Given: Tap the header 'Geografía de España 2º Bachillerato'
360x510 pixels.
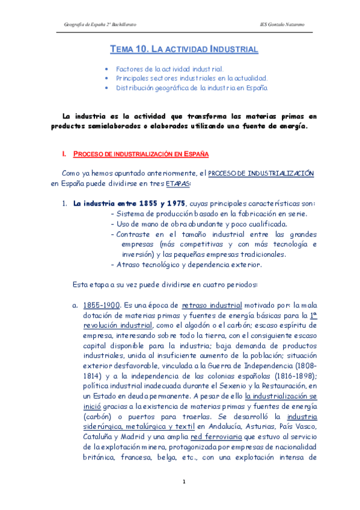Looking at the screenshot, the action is (x=100, y=23).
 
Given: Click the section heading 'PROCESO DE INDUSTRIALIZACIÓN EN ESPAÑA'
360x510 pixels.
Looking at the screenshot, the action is (x=141, y=155).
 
